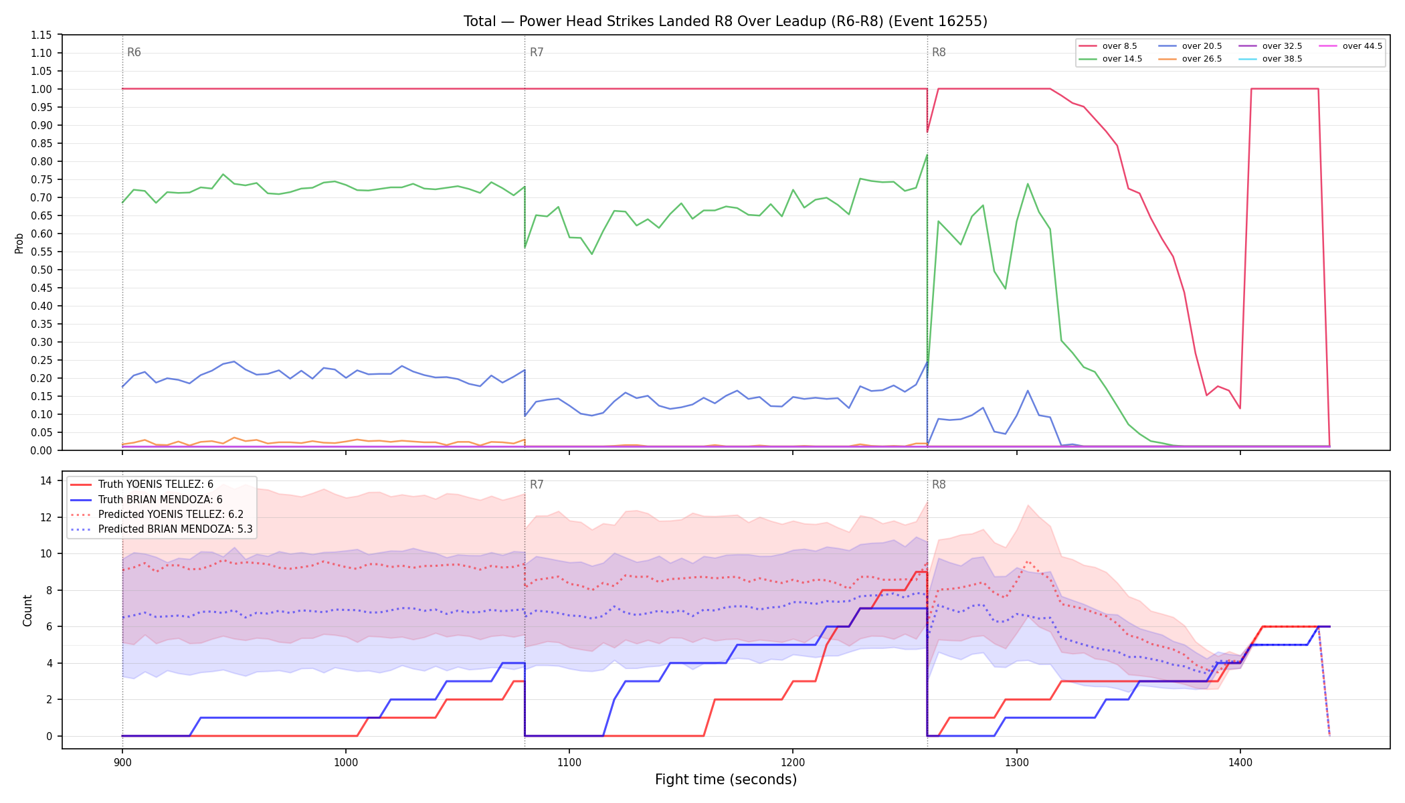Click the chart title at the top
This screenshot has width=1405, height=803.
[x=725, y=21]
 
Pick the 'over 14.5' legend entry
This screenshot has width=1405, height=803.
[x=1111, y=59]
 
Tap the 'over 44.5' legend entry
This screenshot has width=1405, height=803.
[x=1351, y=46]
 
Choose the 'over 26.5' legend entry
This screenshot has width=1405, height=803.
[x=1190, y=59]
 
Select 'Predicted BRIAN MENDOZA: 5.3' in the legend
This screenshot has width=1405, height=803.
[x=161, y=529]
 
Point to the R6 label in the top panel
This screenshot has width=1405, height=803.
[x=134, y=52]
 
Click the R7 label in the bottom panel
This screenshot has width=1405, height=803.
[x=537, y=484]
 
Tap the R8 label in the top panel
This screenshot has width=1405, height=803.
[x=939, y=52]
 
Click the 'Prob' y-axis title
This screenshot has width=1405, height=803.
[x=19, y=243]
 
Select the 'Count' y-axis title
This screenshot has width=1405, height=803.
[x=27, y=610]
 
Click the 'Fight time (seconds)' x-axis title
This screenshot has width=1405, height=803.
[x=726, y=780]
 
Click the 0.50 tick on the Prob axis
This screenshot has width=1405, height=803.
[x=41, y=270]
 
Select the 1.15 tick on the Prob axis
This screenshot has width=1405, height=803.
[x=41, y=35]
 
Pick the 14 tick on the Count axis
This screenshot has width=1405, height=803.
[x=46, y=480]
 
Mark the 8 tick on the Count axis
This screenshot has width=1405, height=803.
[x=49, y=590]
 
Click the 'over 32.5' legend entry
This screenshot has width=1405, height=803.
[x=1271, y=46]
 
